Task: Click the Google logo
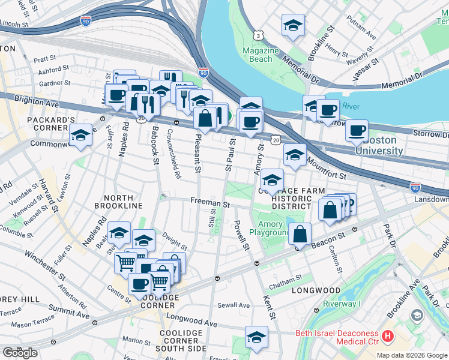tap(20, 353)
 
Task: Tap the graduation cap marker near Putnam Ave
tap(293, 25)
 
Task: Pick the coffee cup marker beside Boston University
tap(357, 130)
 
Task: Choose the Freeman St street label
tap(210, 203)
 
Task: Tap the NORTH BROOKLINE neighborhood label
tap(127, 202)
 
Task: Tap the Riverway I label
tap(340, 304)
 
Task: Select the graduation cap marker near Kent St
tap(256, 338)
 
